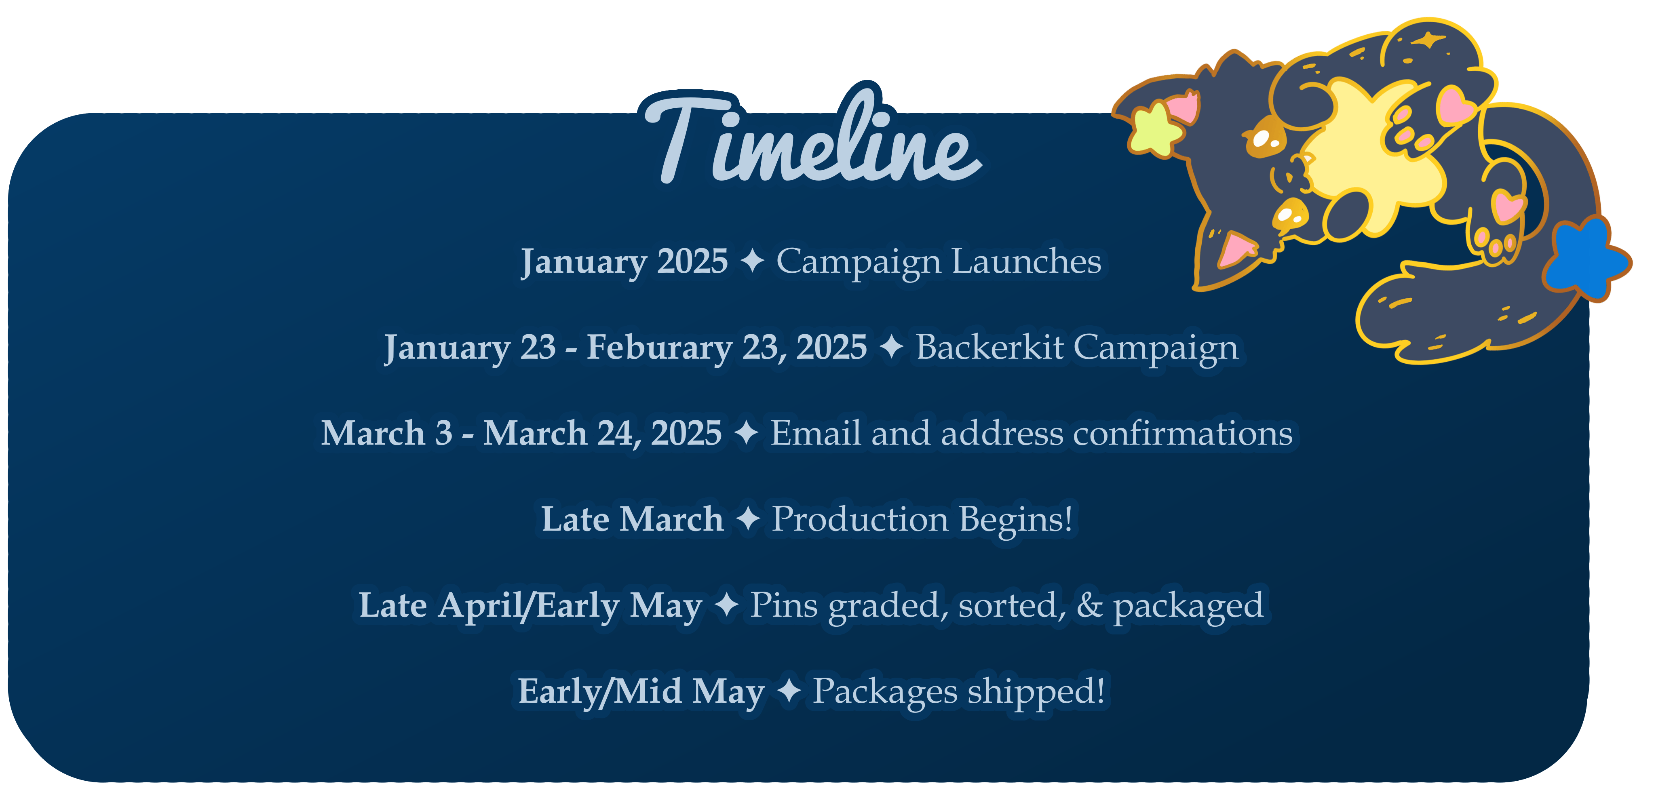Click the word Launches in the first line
coord(1026,261)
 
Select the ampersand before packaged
coord(1090,605)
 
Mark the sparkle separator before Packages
coord(789,691)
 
